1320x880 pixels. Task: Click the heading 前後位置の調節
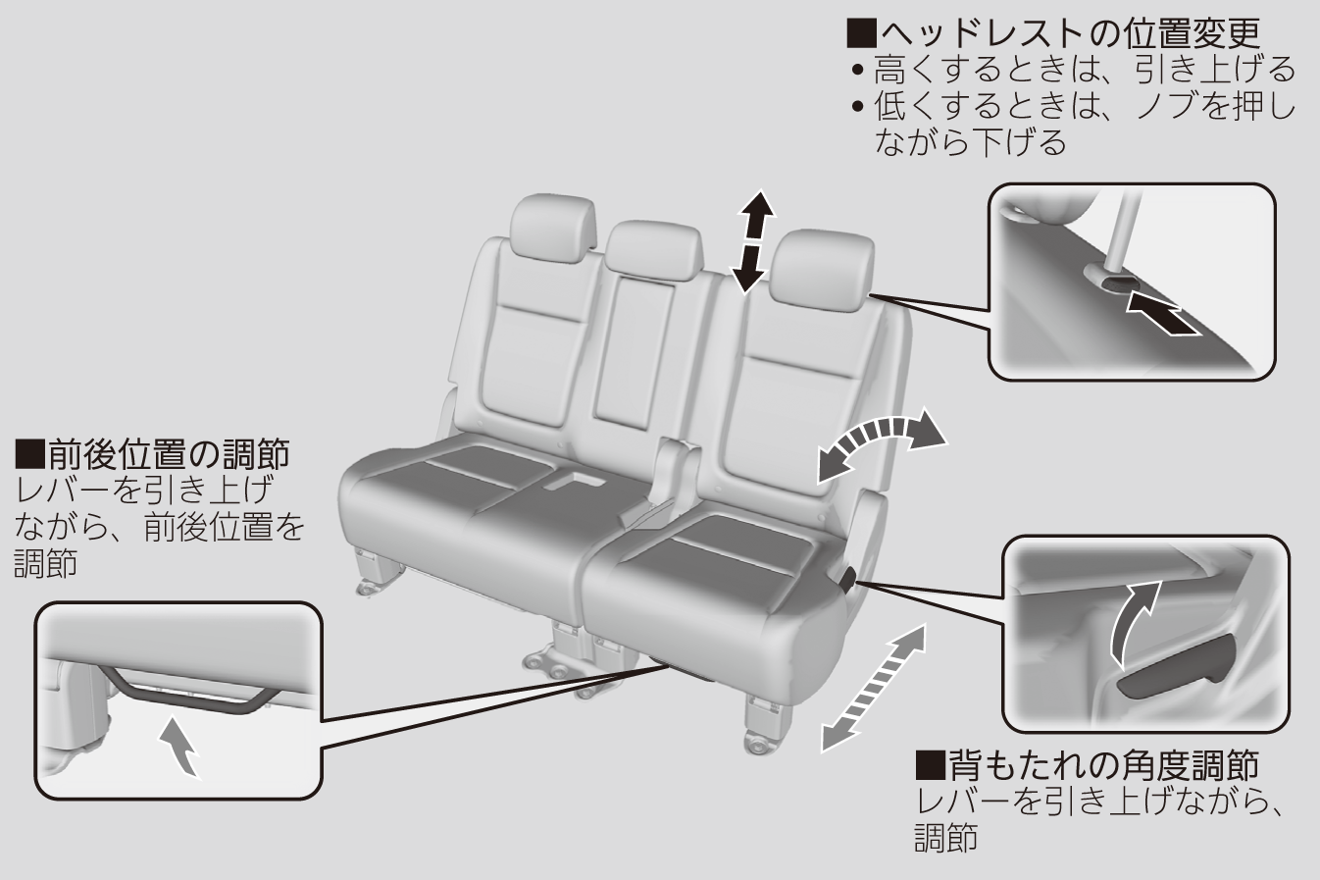(x=153, y=454)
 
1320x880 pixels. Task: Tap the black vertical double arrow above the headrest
(x=751, y=240)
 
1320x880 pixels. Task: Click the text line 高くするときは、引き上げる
(x=1084, y=70)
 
